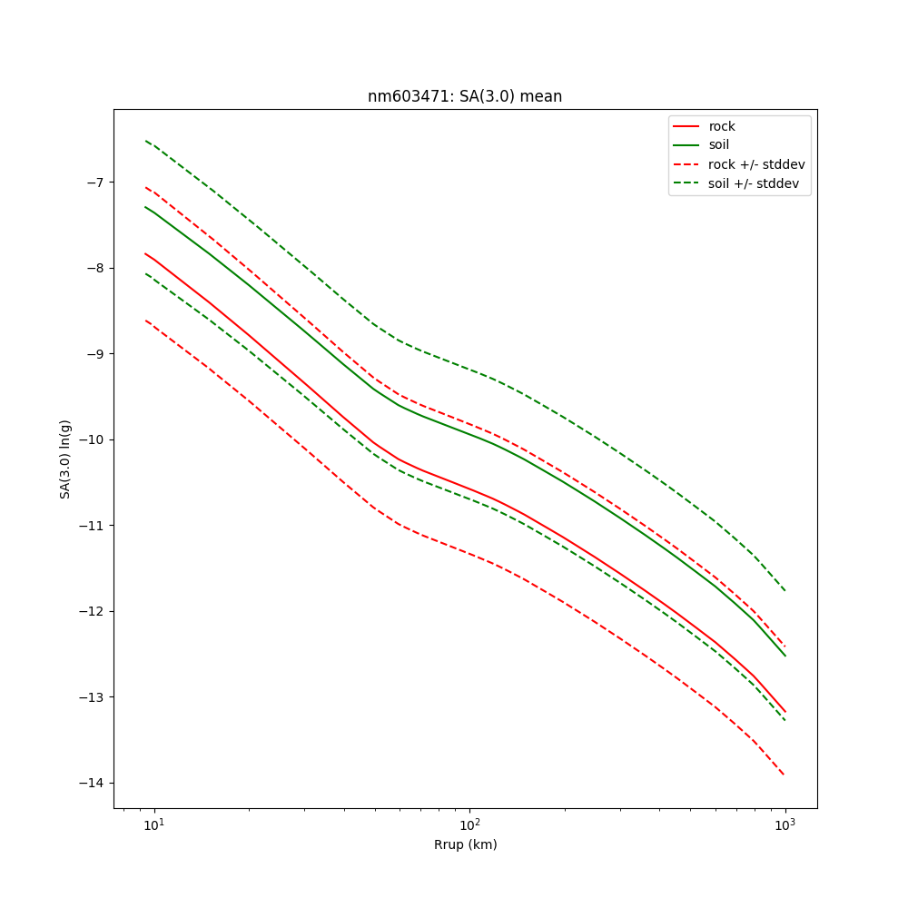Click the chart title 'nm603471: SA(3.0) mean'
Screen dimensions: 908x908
click(x=465, y=96)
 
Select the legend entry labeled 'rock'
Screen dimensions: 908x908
click(x=722, y=126)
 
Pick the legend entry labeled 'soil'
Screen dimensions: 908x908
click(x=718, y=145)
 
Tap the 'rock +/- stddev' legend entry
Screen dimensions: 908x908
click(x=756, y=164)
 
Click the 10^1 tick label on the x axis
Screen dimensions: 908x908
click(x=154, y=824)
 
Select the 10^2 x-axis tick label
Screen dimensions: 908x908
click(x=469, y=824)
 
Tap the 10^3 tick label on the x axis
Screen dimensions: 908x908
click(x=785, y=824)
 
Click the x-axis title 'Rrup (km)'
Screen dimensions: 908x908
click(x=465, y=844)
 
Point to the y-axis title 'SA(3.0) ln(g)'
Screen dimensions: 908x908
click(x=65, y=459)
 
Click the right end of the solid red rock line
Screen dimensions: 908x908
click(x=785, y=712)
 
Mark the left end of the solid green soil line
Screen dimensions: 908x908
click(x=145, y=207)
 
